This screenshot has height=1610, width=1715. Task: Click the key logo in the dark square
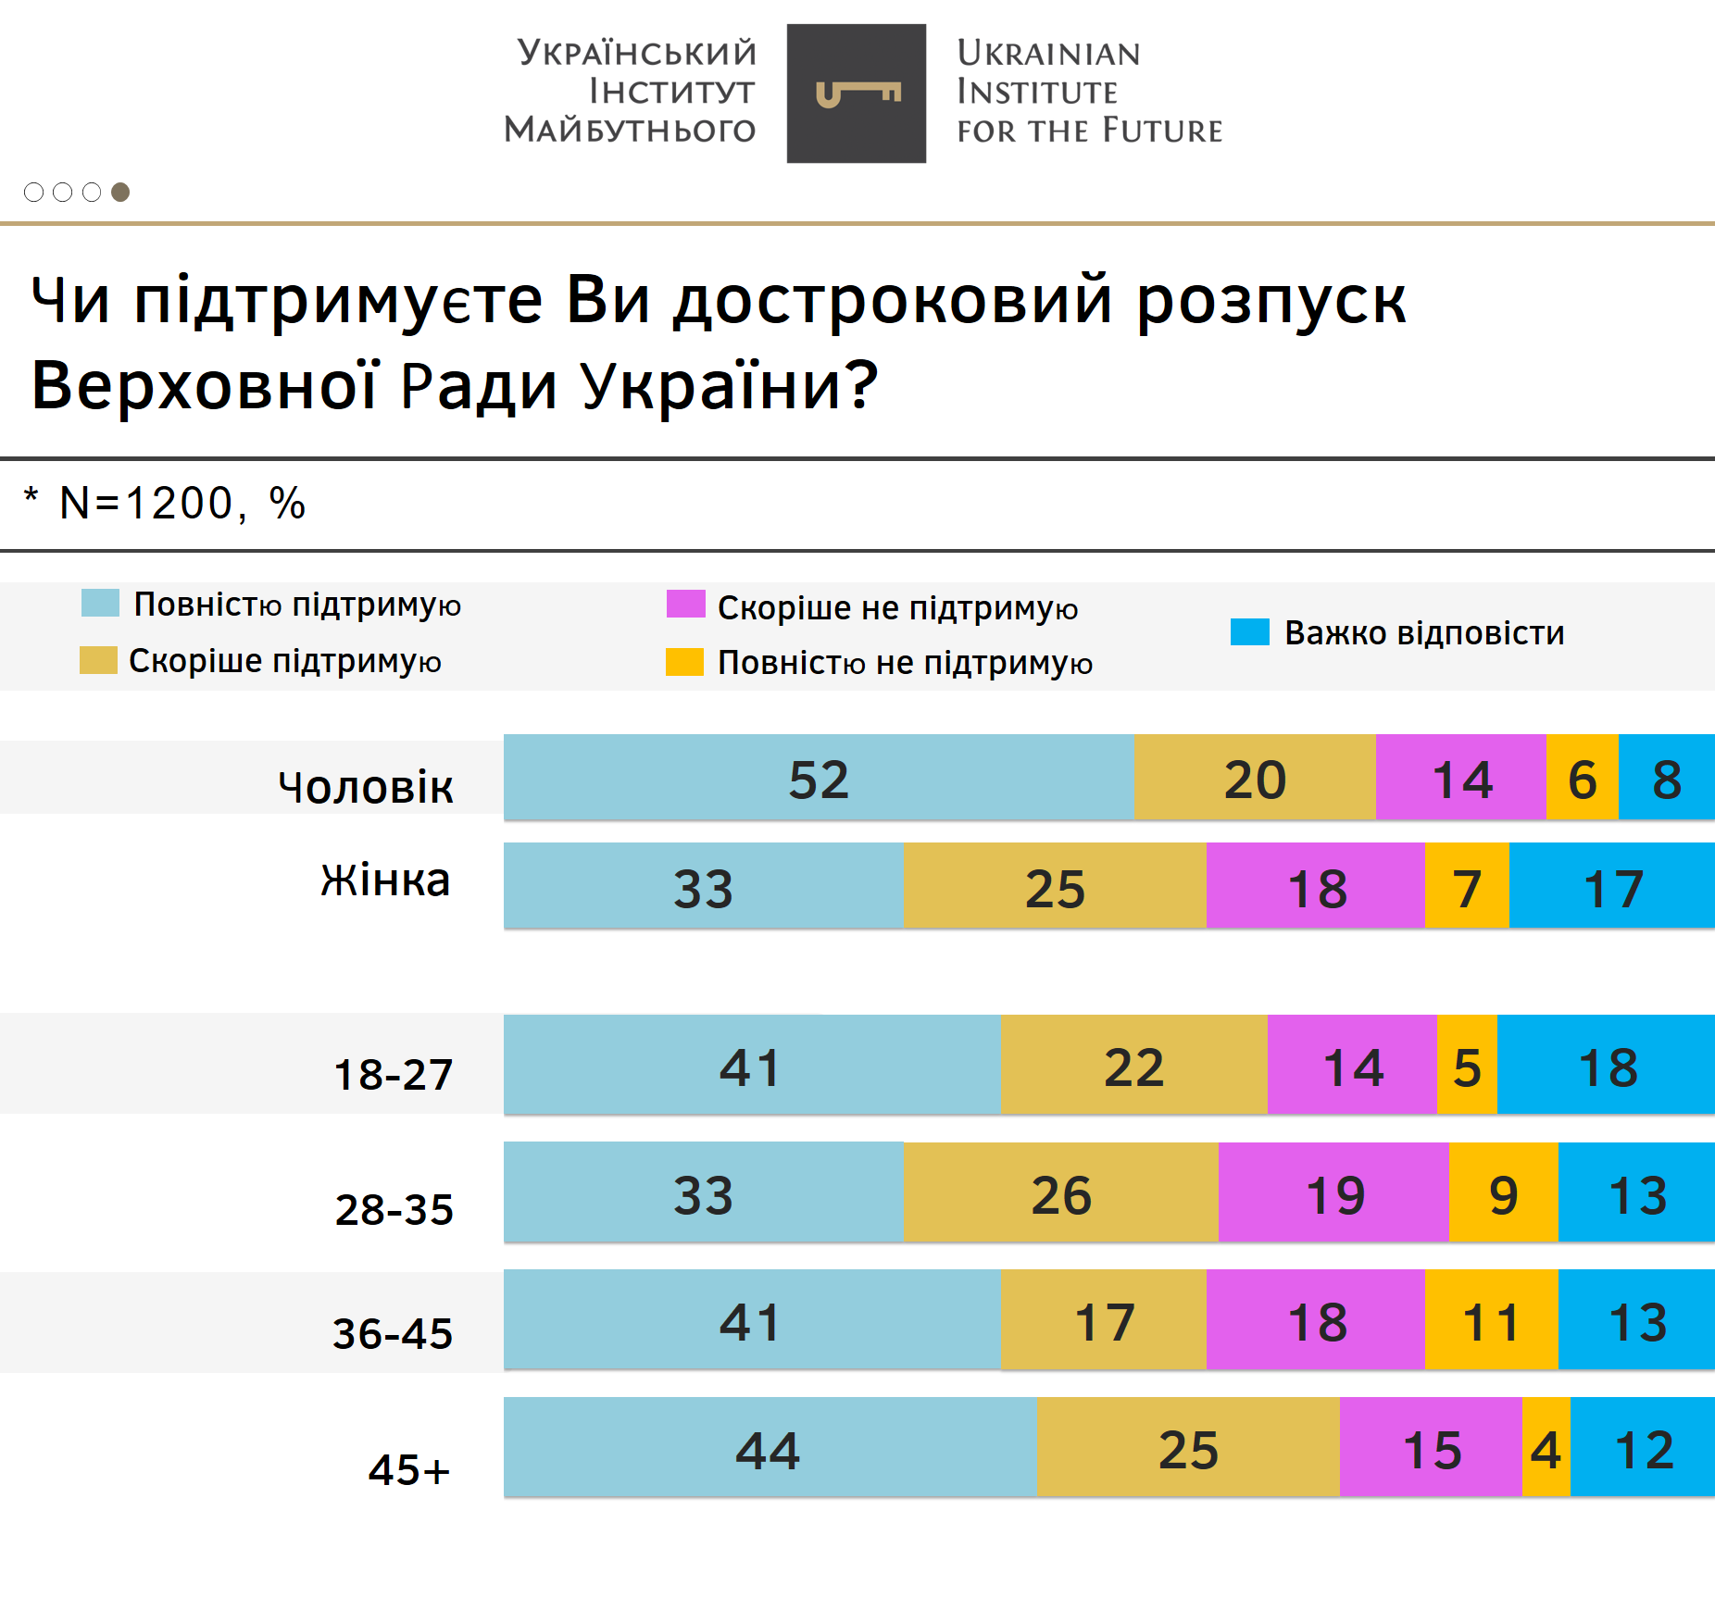[857, 94]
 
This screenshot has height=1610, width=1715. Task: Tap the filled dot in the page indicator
[120, 192]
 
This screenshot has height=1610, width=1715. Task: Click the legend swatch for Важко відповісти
[1249, 632]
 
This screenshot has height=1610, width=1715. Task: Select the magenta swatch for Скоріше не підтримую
[685, 605]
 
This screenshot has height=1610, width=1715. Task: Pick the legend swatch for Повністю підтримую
[100, 603]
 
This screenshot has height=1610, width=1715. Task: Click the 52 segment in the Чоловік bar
[819, 778]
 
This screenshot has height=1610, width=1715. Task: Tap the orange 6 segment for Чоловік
[1582, 778]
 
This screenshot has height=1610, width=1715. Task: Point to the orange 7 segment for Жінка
[1467, 886]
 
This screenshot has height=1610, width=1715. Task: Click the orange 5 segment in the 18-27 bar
[1467, 1065]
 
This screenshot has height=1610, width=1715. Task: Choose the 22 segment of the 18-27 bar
[1133, 1065]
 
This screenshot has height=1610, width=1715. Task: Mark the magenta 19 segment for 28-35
[1333, 1192]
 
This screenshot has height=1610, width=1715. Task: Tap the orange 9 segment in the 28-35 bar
[1503, 1192]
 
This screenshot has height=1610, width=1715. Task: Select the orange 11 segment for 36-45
[1491, 1319]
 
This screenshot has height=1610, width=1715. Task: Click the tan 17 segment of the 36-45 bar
[1104, 1319]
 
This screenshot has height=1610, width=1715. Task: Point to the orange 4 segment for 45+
[1546, 1447]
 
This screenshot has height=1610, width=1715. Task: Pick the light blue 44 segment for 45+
[769, 1447]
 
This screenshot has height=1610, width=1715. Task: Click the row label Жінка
[385, 880]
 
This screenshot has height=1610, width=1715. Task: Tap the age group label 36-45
[393, 1333]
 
